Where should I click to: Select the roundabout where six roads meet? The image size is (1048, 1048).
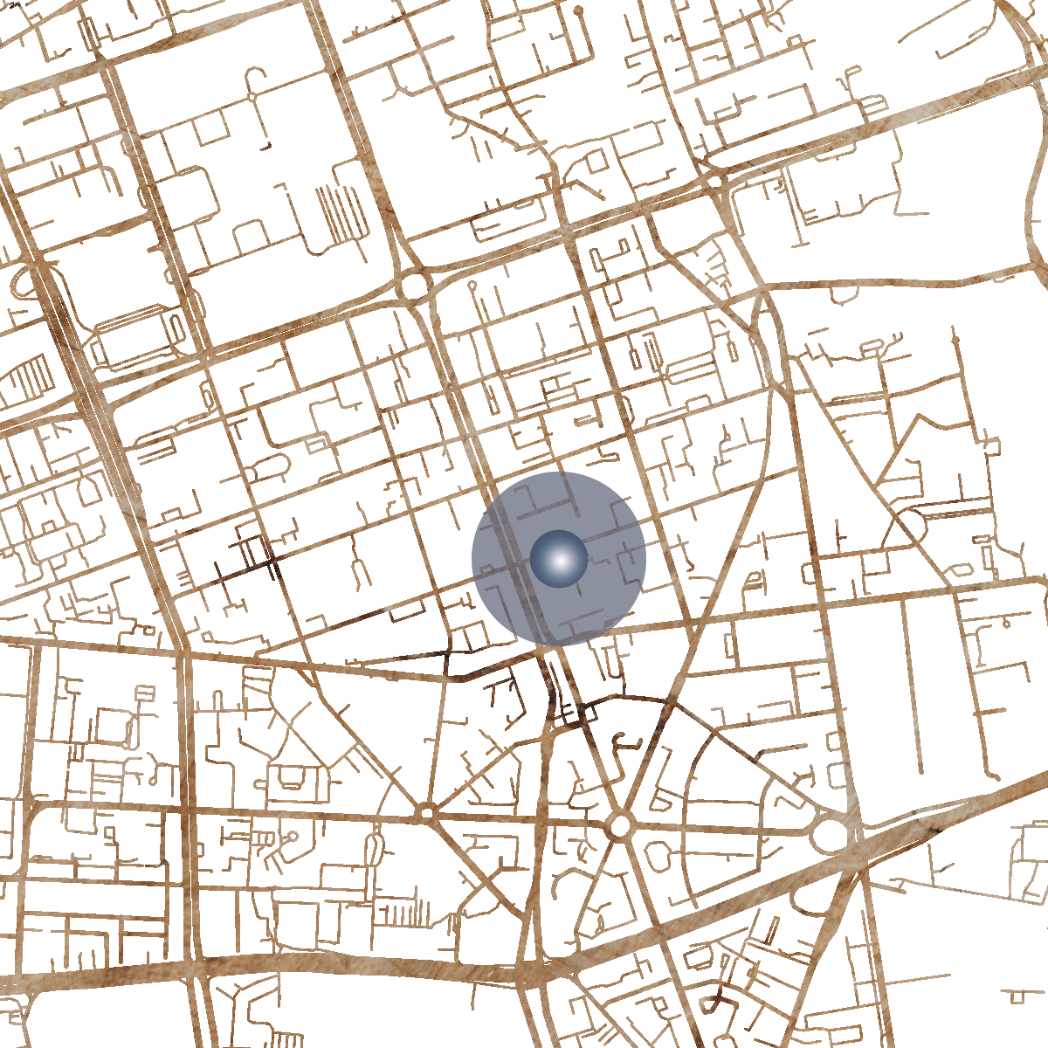tap(621, 824)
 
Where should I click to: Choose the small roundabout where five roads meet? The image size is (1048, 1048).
tap(427, 813)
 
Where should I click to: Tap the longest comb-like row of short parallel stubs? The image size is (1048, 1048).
tap(402, 914)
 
